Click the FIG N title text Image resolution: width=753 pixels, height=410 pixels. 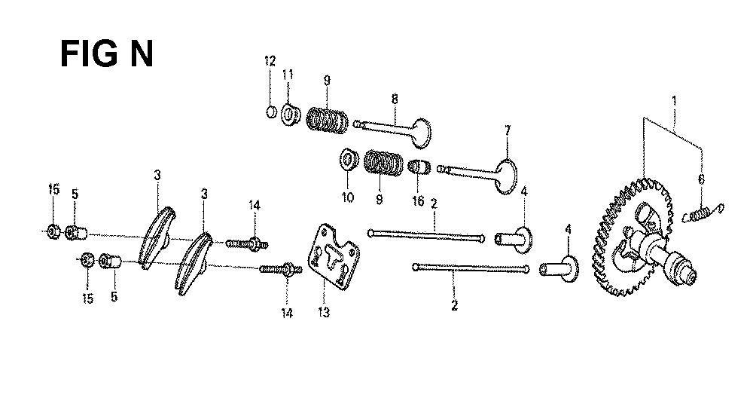point(107,54)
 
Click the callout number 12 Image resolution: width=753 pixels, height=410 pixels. point(270,61)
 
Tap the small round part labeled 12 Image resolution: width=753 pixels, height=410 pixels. point(271,112)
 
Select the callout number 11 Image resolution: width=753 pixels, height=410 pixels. point(288,75)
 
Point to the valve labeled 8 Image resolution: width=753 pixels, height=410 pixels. point(392,130)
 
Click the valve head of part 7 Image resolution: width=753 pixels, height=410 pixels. point(506,177)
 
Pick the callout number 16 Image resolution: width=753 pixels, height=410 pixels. point(418,201)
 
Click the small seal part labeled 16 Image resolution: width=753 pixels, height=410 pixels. point(419,167)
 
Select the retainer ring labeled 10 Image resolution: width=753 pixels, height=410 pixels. point(349,160)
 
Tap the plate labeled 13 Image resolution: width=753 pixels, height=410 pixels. point(334,257)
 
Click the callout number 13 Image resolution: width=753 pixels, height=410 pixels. point(324,313)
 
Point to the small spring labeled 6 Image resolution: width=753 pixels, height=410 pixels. point(703,213)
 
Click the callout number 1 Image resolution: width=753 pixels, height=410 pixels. point(674,101)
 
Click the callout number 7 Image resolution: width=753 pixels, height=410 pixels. point(508,130)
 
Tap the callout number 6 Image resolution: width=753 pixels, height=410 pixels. point(701,179)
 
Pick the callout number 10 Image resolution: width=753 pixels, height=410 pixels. point(348,197)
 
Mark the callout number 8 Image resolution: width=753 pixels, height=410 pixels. point(395,99)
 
